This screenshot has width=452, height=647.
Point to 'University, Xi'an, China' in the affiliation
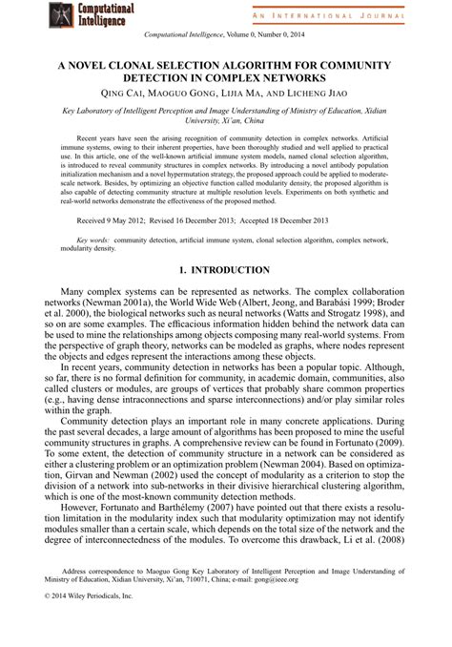[225, 121]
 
